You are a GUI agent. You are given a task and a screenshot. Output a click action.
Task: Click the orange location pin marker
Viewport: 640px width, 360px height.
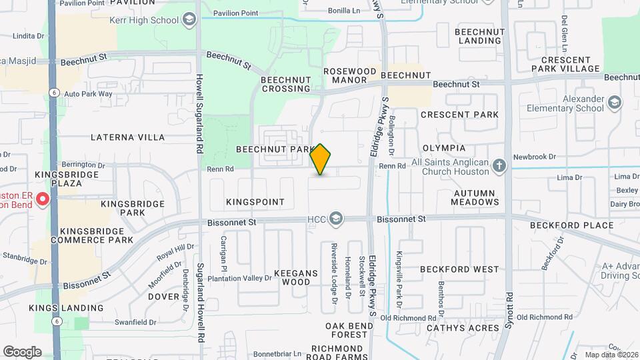321,159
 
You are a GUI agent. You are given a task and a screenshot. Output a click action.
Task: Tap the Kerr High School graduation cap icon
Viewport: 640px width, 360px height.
190,20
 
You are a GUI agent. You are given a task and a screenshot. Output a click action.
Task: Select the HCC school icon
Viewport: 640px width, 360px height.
337,219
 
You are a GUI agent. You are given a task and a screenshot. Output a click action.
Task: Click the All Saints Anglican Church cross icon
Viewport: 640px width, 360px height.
499,165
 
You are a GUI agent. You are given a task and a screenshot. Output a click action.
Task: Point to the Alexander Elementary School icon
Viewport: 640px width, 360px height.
614,103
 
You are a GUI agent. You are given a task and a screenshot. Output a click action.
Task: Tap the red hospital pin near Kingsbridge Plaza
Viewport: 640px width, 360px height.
43,199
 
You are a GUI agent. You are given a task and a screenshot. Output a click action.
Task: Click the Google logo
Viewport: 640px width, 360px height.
22,351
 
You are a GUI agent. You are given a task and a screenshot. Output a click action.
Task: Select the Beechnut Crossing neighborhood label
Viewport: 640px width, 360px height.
285,84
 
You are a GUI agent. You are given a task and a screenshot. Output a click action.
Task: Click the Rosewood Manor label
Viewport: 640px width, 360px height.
350,75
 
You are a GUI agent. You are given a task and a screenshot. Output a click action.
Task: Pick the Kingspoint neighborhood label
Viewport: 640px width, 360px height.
255,201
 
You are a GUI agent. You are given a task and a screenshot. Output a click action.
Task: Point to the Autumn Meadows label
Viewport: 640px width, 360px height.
474,197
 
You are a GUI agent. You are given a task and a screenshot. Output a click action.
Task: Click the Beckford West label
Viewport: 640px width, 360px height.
459,269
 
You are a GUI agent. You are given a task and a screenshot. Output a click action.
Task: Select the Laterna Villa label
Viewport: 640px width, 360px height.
127,137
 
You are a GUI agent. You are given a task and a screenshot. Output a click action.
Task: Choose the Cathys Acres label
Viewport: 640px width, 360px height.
462,328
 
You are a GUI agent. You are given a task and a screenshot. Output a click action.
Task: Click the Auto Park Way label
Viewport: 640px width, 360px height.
89,94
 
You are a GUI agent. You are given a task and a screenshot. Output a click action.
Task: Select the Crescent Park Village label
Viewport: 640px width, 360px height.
571,64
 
